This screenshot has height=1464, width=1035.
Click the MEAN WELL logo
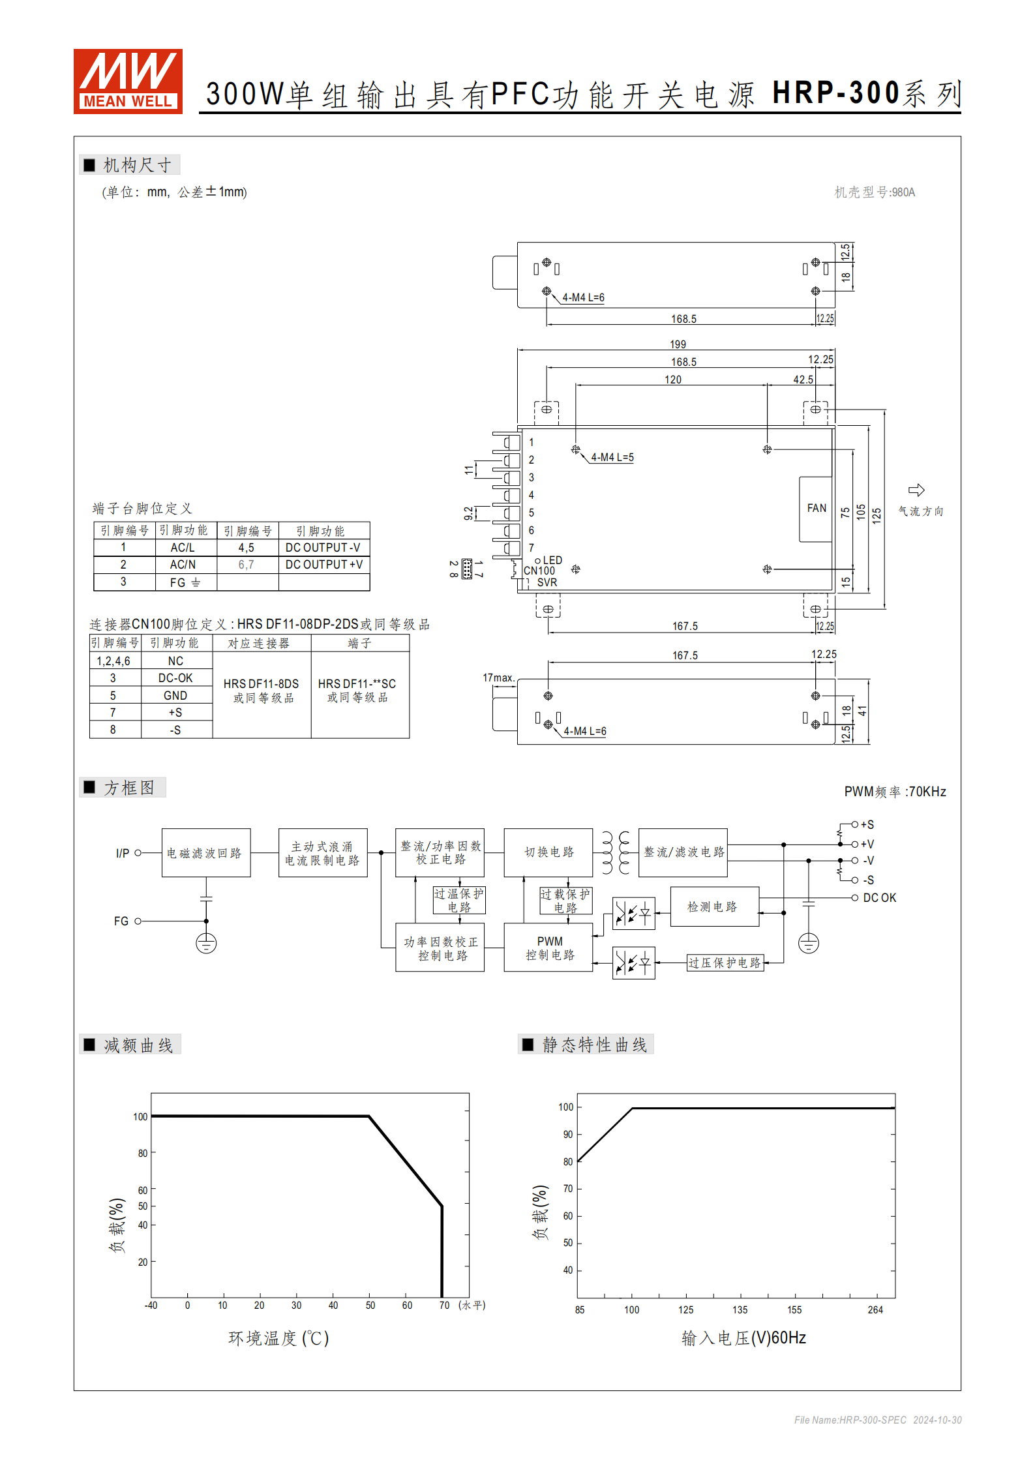pyautogui.click(x=128, y=82)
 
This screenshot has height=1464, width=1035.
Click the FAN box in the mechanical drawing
pyautogui.click(x=816, y=509)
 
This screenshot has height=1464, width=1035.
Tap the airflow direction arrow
pyautogui.click(x=916, y=490)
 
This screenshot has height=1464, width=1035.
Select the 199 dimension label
pyautogui.click(x=678, y=344)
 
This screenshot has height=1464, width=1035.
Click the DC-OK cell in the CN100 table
pyautogui.click(x=175, y=678)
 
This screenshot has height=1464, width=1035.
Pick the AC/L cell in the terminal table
pyautogui.click(x=183, y=548)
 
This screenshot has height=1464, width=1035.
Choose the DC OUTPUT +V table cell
pyautogui.click(x=323, y=565)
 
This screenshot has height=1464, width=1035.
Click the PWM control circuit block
pyautogui.click(x=549, y=948)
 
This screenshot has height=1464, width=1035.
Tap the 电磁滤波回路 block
pyautogui.click(x=205, y=853)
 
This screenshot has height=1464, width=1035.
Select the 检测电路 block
pyautogui.click(x=713, y=906)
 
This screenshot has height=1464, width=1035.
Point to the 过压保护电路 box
pyautogui.click(x=725, y=963)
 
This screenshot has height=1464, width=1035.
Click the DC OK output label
pyautogui.click(x=879, y=898)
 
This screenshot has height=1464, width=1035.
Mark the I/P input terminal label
pyautogui.click(x=123, y=853)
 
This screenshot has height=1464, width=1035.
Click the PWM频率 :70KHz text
pyautogui.click(x=895, y=792)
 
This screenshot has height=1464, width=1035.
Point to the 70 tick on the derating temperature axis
pyautogui.click(x=444, y=1305)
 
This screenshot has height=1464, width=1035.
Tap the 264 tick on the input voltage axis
pyautogui.click(x=875, y=1309)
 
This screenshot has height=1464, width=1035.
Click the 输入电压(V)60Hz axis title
pyautogui.click(x=743, y=1338)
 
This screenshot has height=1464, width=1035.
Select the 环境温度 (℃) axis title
pyautogui.click(x=278, y=1338)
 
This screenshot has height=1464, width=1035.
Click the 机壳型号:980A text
pyautogui.click(x=875, y=192)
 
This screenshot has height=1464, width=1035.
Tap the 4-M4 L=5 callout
pyautogui.click(x=612, y=458)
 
